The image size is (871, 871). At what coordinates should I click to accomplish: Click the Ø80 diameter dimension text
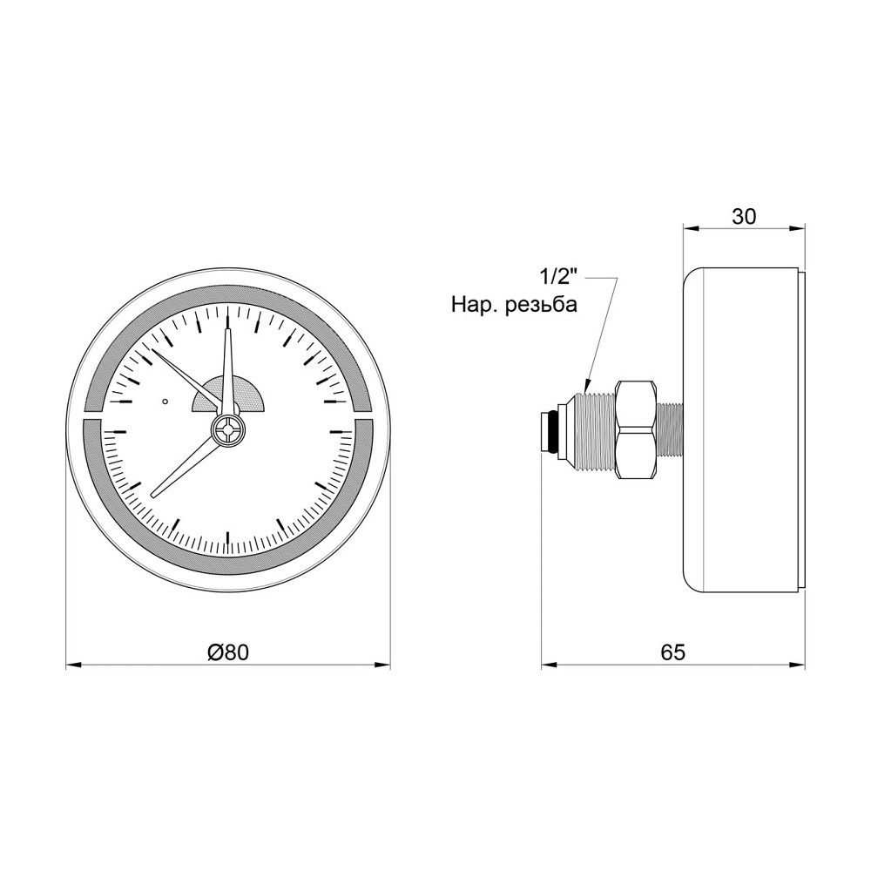pyautogui.click(x=228, y=652)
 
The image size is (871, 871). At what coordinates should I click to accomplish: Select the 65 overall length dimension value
pyautogui.click(x=673, y=652)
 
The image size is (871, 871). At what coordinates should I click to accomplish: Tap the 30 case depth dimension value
pyautogui.click(x=743, y=216)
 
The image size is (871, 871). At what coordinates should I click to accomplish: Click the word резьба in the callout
pyautogui.click(x=541, y=306)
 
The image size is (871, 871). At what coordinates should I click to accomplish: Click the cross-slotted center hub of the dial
pyautogui.click(x=228, y=430)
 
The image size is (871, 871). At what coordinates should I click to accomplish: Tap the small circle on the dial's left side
pyautogui.click(x=165, y=402)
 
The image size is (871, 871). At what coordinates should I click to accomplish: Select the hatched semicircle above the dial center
pyautogui.click(x=228, y=395)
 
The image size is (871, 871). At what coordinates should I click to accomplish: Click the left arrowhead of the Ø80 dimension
pyautogui.click(x=71, y=666)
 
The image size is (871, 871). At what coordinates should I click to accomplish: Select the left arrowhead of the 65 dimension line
pyautogui.click(x=547, y=666)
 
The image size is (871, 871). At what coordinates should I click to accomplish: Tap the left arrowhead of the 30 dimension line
pyautogui.click(x=687, y=229)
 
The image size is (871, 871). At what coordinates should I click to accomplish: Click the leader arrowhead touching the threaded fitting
pyautogui.click(x=587, y=382)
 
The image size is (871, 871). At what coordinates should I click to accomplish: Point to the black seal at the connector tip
pyautogui.click(x=547, y=430)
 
